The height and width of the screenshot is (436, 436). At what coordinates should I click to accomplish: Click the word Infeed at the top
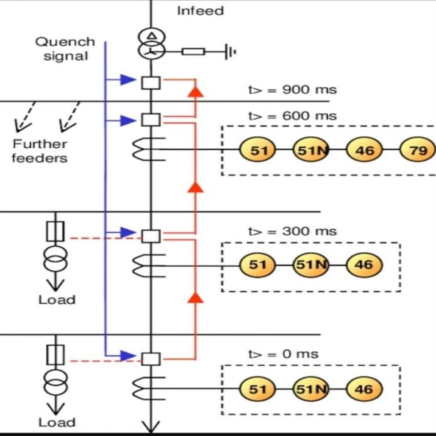pyautogui.click(x=201, y=11)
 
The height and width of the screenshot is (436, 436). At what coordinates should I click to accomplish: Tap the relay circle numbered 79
pyautogui.click(x=418, y=150)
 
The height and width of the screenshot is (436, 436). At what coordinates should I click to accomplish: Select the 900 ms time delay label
pyautogui.click(x=292, y=90)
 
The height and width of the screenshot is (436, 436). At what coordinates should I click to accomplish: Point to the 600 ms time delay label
pyautogui.click(x=292, y=116)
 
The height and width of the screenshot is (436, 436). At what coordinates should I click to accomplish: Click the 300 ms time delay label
pyautogui.click(x=292, y=231)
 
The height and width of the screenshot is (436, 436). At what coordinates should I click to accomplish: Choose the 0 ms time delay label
pyautogui.click(x=283, y=354)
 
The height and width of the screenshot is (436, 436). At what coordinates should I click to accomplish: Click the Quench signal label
pyautogui.click(x=65, y=49)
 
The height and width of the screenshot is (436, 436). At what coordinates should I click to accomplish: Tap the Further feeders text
pyautogui.click(x=40, y=151)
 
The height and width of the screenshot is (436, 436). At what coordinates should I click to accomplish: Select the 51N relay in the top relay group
pyautogui.click(x=311, y=150)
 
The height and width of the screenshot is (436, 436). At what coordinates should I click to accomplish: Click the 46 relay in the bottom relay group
pyautogui.click(x=364, y=389)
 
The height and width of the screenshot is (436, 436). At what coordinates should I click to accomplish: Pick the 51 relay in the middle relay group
pyautogui.click(x=257, y=265)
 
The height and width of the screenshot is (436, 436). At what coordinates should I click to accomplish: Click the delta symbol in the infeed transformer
pyautogui.click(x=151, y=36)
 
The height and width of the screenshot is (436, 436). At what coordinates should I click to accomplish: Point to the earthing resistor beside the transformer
pyautogui.click(x=193, y=52)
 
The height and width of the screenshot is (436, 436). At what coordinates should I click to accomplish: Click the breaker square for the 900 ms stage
pyautogui.click(x=151, y=83)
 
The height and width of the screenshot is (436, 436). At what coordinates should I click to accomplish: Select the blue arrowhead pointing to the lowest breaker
pyautogui.click(x=128, y=355)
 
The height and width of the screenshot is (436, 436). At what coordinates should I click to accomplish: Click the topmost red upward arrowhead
pyautogui.click(x=195, y=92)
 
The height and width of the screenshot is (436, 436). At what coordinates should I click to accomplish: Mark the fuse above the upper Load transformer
pyautogui.click(x=55, y=231)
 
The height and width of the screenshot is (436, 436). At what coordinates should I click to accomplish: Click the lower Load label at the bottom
pyautogui.click(x=57, y=422)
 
